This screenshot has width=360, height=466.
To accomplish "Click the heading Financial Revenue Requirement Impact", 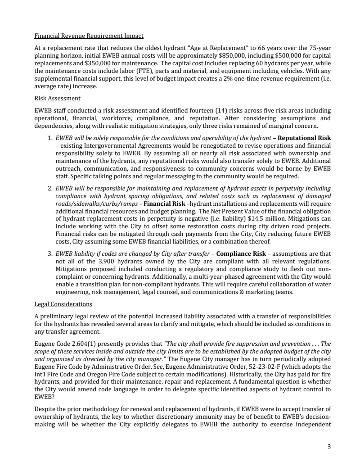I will pyautogui.click(x=89, y=36).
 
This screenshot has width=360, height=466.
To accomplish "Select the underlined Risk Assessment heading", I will pyautogui.click(x=57, y=98).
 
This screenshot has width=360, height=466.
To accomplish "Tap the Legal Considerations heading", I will pyautogui.click(x=63, y=304).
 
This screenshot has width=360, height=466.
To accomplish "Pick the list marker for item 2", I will pyautogui.click(x=49, y=188).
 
